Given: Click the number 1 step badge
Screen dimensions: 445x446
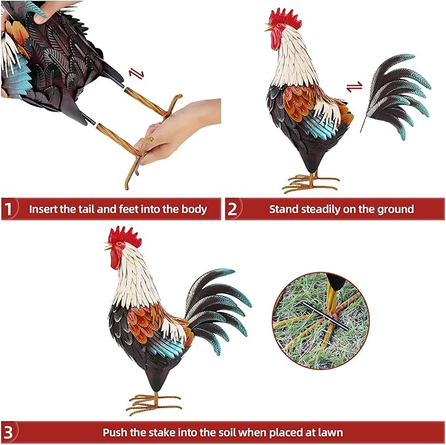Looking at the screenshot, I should pos(9,209).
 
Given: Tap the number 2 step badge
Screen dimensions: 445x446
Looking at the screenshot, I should pos(233,209).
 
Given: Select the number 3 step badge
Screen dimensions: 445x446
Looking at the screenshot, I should pos(9,433).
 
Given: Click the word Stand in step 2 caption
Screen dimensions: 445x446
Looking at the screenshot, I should pos(283,209).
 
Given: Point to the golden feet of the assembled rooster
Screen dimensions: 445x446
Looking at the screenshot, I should pos(153,402).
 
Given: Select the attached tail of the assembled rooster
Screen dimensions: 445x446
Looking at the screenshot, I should pos(217,305).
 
